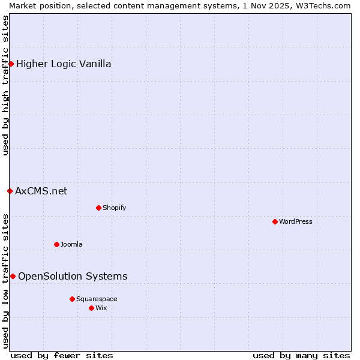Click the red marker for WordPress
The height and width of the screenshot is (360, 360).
coord(275,221)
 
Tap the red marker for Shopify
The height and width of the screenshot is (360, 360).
coord(98,208)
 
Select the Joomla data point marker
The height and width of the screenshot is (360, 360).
coord(56,244)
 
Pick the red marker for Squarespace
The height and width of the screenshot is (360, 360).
coord(72,299)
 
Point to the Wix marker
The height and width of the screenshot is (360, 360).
coord(91,308)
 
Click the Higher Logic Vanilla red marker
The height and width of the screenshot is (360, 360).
coord(11,64)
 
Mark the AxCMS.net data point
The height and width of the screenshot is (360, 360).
coord(10,191)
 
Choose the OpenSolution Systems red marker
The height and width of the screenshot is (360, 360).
coord(13,276)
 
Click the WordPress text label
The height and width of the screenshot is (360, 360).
coord(296,221)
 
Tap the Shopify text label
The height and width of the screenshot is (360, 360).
coord(114,208)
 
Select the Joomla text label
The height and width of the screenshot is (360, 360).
coord(71,244)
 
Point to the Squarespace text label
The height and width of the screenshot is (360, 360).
coord(97,299)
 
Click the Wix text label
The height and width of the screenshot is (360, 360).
coord(101,308)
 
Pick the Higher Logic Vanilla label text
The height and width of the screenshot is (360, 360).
coord(64,64)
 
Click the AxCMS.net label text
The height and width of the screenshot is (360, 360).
coord(41,191)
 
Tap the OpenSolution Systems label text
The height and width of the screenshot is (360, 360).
coord(73,276)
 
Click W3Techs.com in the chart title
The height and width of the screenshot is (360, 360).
coord(327,5)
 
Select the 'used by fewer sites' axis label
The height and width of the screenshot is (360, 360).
coord(62,355)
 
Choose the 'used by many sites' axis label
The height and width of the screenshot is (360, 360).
coord(301,355)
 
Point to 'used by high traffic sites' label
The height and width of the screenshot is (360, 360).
coord(5,85)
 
